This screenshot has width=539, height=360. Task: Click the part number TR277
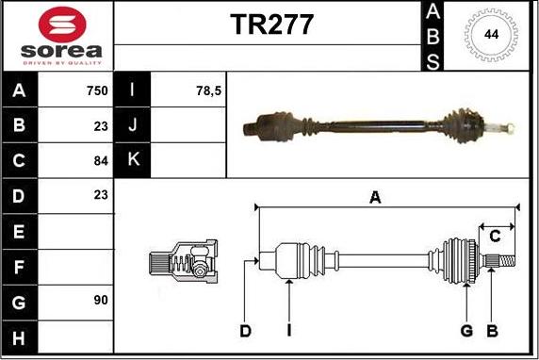(x=272, y=26)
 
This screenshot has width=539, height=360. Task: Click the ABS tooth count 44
(x=491, y=35)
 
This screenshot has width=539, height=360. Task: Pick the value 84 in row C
(x=101, y=160)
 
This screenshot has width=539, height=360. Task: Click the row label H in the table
(x=20, y=335)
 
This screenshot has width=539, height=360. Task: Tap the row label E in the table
(x=20, y=230)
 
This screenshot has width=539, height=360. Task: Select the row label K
(x=133, y=160)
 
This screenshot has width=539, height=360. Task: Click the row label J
(x=133, y=125)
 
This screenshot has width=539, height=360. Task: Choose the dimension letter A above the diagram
(x=375, y=197)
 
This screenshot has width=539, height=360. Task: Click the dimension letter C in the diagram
(x=495, y=237)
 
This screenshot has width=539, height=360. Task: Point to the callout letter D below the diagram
(x=245, y=331)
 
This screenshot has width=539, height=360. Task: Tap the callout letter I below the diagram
(x=288, y=331)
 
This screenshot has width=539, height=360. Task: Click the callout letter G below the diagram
(x=465, y=331)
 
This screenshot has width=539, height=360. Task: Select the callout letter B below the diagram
(x=491, y=331)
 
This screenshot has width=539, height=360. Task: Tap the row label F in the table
(x=20, y=266)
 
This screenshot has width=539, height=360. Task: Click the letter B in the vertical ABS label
(x=433, y=37)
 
